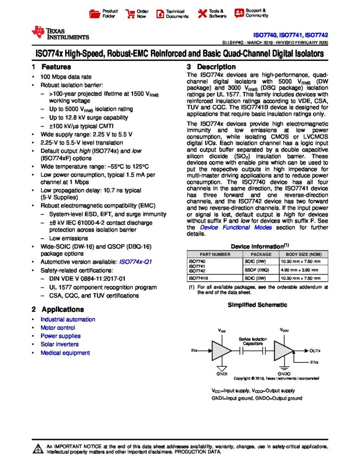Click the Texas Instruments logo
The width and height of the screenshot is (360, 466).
(60, 33)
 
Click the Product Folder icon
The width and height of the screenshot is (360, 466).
(94, 14)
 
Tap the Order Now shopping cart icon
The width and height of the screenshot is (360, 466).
(130, 14)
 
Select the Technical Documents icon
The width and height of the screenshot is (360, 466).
(159, 14)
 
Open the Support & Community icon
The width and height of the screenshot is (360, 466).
(238, 13)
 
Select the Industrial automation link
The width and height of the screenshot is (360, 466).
(68, 319)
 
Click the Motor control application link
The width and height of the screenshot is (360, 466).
(58, 328)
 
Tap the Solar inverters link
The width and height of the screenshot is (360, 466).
(59, 344)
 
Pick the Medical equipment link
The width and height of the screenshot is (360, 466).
(65, 353)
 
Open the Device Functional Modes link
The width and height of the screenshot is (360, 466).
(232, 228)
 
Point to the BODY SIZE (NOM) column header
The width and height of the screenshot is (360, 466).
(304, 254)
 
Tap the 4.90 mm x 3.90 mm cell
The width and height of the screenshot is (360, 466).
(300, 269)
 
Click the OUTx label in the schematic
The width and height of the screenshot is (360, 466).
(315, 351)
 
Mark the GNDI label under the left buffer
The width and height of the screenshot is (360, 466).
(221, 373)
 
